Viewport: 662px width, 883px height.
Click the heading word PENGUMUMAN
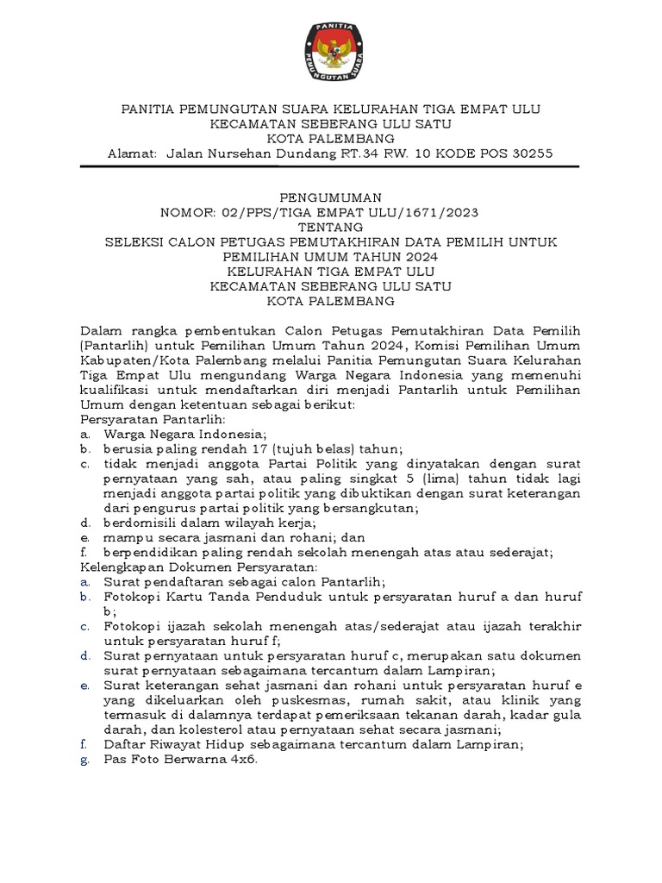tap(331, 197)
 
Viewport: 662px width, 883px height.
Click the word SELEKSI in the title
tap(135, 242)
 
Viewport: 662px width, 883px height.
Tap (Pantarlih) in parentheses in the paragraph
tap(113, 346)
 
